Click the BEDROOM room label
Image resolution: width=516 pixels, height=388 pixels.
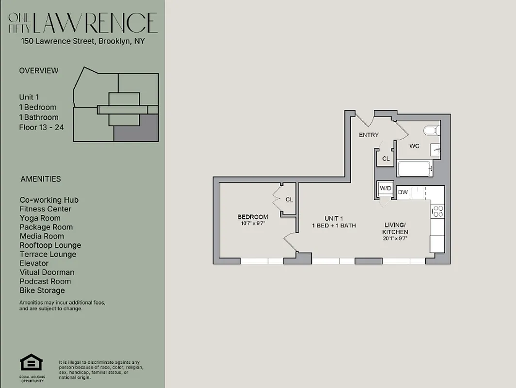tap(252, 217)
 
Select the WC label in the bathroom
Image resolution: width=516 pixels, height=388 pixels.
tap(414, 145)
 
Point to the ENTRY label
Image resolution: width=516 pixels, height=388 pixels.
tap(369, 135)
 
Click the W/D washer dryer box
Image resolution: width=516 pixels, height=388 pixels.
tap(386, 188)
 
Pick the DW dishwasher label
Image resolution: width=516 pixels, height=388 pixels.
tap(403, 193)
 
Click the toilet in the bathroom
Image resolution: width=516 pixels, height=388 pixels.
tap(431, 130)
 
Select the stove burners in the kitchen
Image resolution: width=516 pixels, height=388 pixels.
tap(437, 211)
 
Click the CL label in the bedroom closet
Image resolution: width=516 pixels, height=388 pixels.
tap(289, 199)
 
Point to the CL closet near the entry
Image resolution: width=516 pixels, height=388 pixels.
tap(386, 159)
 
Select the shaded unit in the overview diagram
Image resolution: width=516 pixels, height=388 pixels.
tap(136, 128)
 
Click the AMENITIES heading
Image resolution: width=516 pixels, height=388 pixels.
tap(41, 179)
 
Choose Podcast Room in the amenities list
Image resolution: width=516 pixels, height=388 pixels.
tap(45, 281)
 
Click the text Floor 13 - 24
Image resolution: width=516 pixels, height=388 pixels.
tap(41, 128)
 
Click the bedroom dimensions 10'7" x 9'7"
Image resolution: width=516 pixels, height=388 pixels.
tap(252, 224)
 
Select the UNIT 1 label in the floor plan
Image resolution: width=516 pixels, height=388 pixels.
tap(334, 218)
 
